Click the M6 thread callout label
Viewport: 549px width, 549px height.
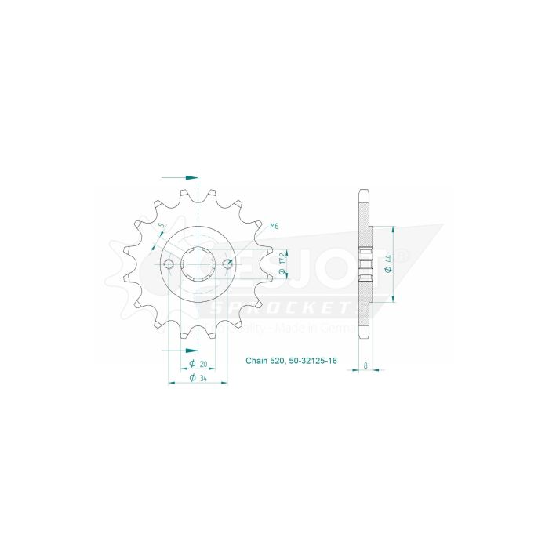tap(274, 227)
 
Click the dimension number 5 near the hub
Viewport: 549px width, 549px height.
tap(161, 227)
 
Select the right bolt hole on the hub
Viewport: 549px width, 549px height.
tap(227, 264)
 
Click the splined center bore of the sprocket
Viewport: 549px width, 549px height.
tap(198, 264)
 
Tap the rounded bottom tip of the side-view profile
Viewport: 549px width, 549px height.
tap(362, 337)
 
